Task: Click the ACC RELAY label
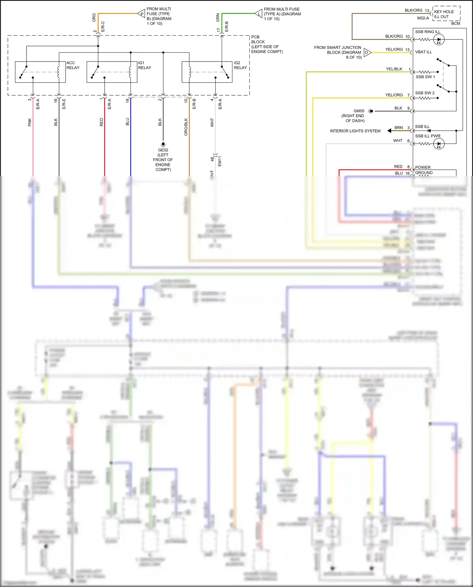[x=73, y=65]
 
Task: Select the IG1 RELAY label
[x=144, y=65]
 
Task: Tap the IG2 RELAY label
[x=240, y=65]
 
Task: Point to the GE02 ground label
[x=163, y=150]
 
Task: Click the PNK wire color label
[x=30, y=122]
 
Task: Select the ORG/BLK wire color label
[x=186, y=127]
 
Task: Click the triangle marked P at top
[x=141, y=14]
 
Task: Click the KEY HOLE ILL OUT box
[x=446, y=14]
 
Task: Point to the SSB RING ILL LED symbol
[x=439, y=40]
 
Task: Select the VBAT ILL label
[x=423, y=52]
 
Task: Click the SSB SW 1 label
[x=425, y=77]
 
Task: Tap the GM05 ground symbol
[x=371, y=111]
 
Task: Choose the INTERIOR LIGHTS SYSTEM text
[x=355, y=131]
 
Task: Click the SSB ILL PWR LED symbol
[x=439, y=144]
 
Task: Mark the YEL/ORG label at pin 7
[x=394, y=95]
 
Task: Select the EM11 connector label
[x=220, y=161]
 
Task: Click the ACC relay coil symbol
[x=58, y=72]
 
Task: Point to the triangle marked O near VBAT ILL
[x=367, y=52]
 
